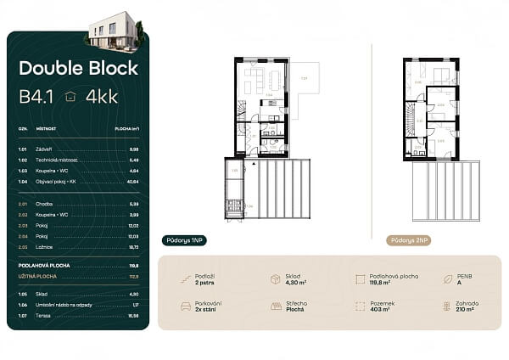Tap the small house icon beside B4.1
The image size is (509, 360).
click(x=70, y=97)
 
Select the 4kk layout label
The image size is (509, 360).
click(x=102, y=97)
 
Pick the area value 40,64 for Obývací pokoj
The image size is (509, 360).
click(x=132, y=182)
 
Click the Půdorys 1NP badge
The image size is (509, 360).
click(x=184, y=240)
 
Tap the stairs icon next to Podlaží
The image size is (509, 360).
click(x=186, y=278)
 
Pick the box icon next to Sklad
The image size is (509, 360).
click(x=276, y=278)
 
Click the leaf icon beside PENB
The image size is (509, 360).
click(x=447, y=278)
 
